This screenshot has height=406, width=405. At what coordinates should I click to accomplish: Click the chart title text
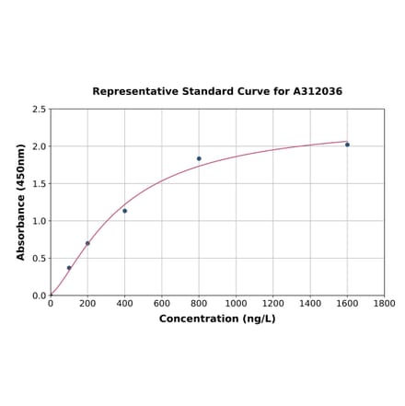coord(217,92)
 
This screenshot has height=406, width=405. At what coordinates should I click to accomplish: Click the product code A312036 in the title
coord(318,92)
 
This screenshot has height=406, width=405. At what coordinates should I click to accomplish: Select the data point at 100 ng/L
coord(69,268)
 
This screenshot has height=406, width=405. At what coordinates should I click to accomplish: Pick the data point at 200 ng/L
coord(87,243)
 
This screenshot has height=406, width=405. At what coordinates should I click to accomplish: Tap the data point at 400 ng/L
coord(125,211)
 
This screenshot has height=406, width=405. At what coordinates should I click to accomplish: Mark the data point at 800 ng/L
coord(199,158)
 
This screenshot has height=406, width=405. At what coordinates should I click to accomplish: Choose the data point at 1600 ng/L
coord(347,145)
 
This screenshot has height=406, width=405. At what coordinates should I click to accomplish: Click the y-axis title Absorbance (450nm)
coord(21,202)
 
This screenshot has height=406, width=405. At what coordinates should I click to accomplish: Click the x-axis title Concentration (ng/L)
coord(217,319)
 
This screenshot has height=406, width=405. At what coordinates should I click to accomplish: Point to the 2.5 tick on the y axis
coord(40,110)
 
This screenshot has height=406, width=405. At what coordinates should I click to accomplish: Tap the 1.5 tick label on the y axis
coord(40,184)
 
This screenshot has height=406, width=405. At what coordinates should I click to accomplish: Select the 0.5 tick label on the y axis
coord(40,259)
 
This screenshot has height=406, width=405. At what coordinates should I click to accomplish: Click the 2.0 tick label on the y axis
coord(40,146)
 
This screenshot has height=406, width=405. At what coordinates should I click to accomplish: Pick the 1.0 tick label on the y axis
coord(40,221)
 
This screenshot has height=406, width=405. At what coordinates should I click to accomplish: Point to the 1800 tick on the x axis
coord(385,304)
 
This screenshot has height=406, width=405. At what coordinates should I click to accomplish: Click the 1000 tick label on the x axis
coord(236,304)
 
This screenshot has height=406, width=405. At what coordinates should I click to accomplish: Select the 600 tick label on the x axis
coord(162,304)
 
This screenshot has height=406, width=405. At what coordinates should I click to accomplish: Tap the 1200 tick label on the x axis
coord(273,304)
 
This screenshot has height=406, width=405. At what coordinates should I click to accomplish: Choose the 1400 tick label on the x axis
coord(310,304)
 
